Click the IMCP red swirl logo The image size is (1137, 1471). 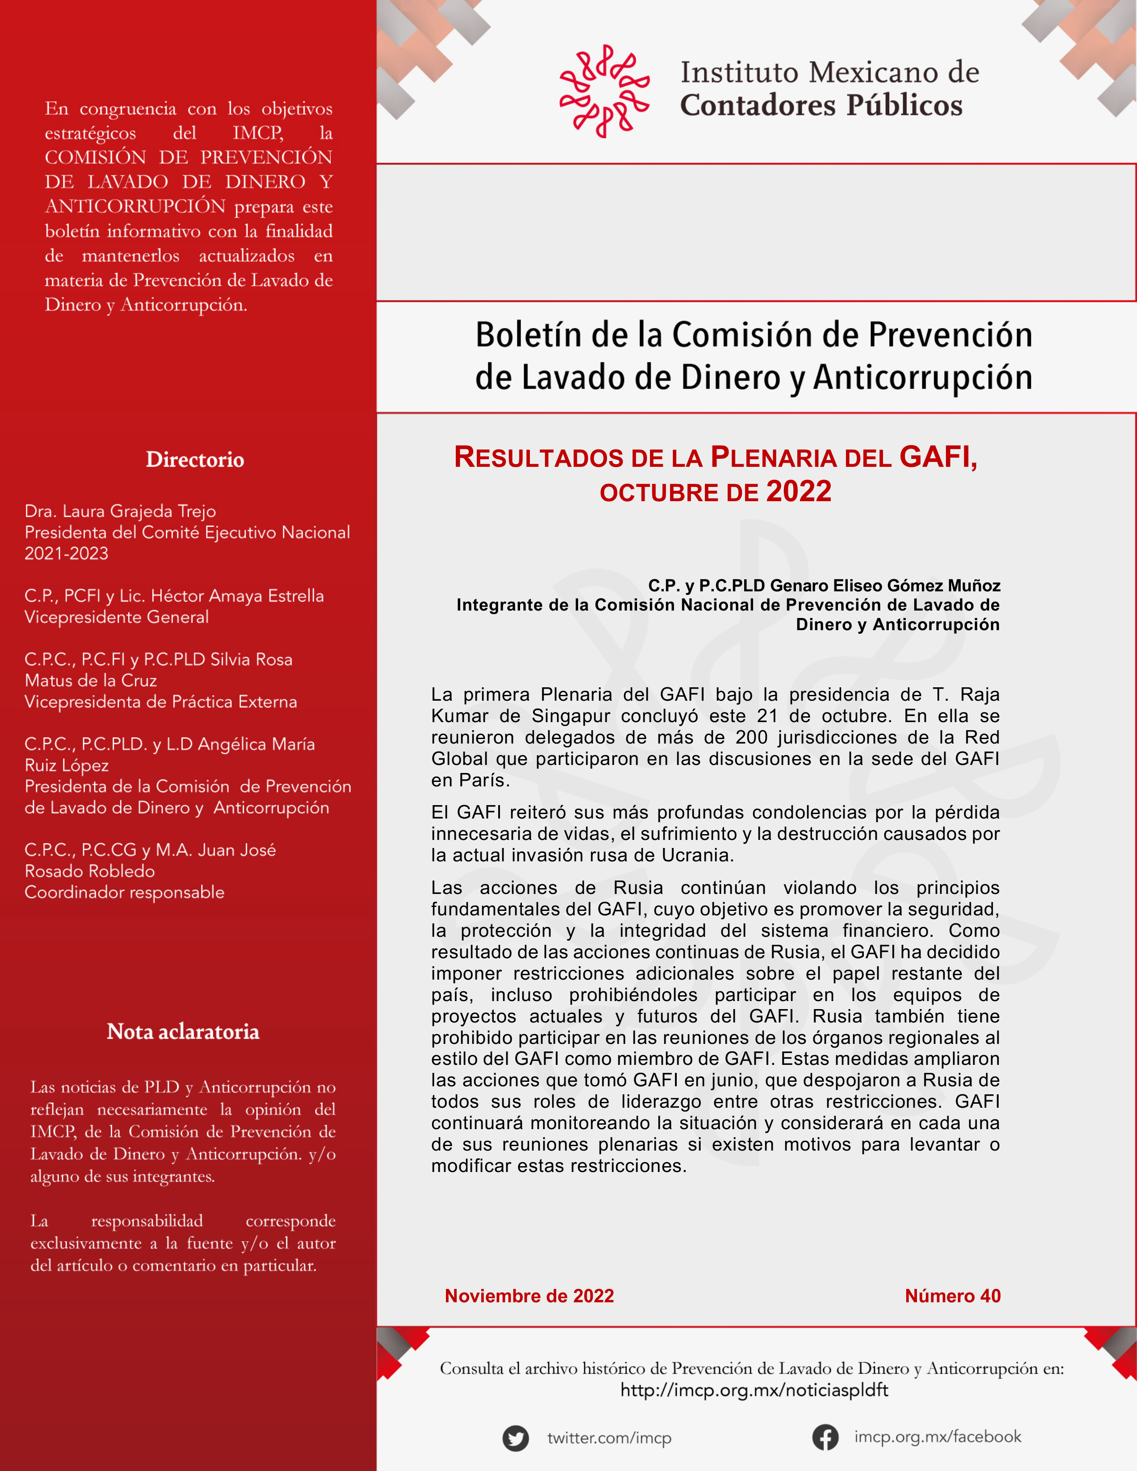pyautogui.click(x=604, y=91)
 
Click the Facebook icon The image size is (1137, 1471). pyautogui.click(x=825, y=1438)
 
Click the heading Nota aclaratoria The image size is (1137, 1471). pyautogui.click(x=183, y=1031)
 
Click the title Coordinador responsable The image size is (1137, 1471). pyautogui.click(x=125, y=893)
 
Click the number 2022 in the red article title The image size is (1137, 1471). pyautogui.click(x=798, y=492)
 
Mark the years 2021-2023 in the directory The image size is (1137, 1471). pyautogui.click(x=66, y=554)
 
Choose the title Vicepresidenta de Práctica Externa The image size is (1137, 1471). pyautogui.click(x=160, y=702)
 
